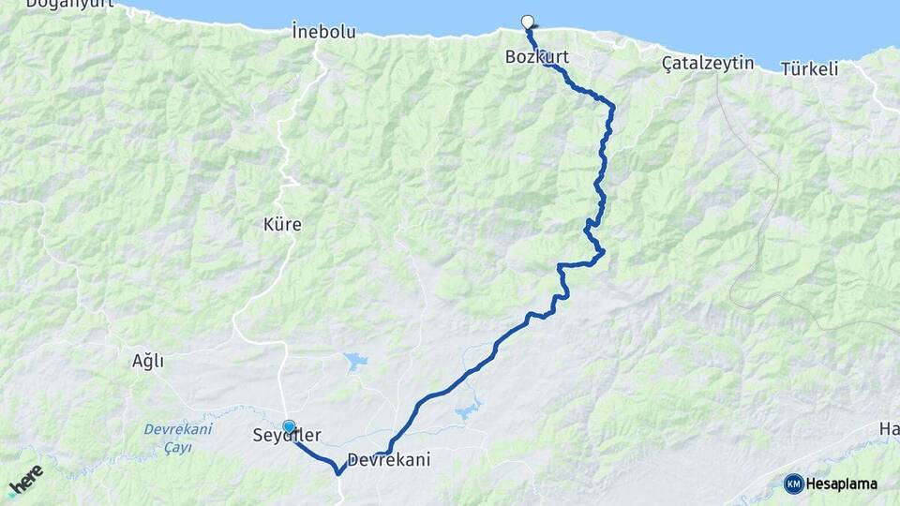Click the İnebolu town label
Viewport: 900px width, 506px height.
[323, 32]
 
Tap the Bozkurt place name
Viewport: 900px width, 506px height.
[536, 57]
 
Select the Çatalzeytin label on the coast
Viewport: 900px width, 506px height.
[694, 63]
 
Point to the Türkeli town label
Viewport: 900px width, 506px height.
[809, 69]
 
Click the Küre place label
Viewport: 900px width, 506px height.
[282, 225]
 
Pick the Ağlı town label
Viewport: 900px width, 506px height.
[148, 360]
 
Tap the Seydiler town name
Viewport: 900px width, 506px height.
[287, 436]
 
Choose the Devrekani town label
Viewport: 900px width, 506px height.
[388, 460]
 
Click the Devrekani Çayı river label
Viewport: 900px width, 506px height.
[178, 438]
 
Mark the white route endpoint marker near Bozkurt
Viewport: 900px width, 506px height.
[527, 22]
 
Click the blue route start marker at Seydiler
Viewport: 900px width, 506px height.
[289, 426]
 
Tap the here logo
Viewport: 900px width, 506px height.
[24, 481]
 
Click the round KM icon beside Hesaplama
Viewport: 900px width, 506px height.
[793, 484]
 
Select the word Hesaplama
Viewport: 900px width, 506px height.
[842, 484]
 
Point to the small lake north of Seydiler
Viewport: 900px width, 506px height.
[355, 360]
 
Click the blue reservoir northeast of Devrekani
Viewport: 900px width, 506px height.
[467, 409]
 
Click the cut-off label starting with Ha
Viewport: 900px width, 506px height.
[889, 428]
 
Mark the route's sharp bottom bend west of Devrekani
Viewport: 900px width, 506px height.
[337, 472]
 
